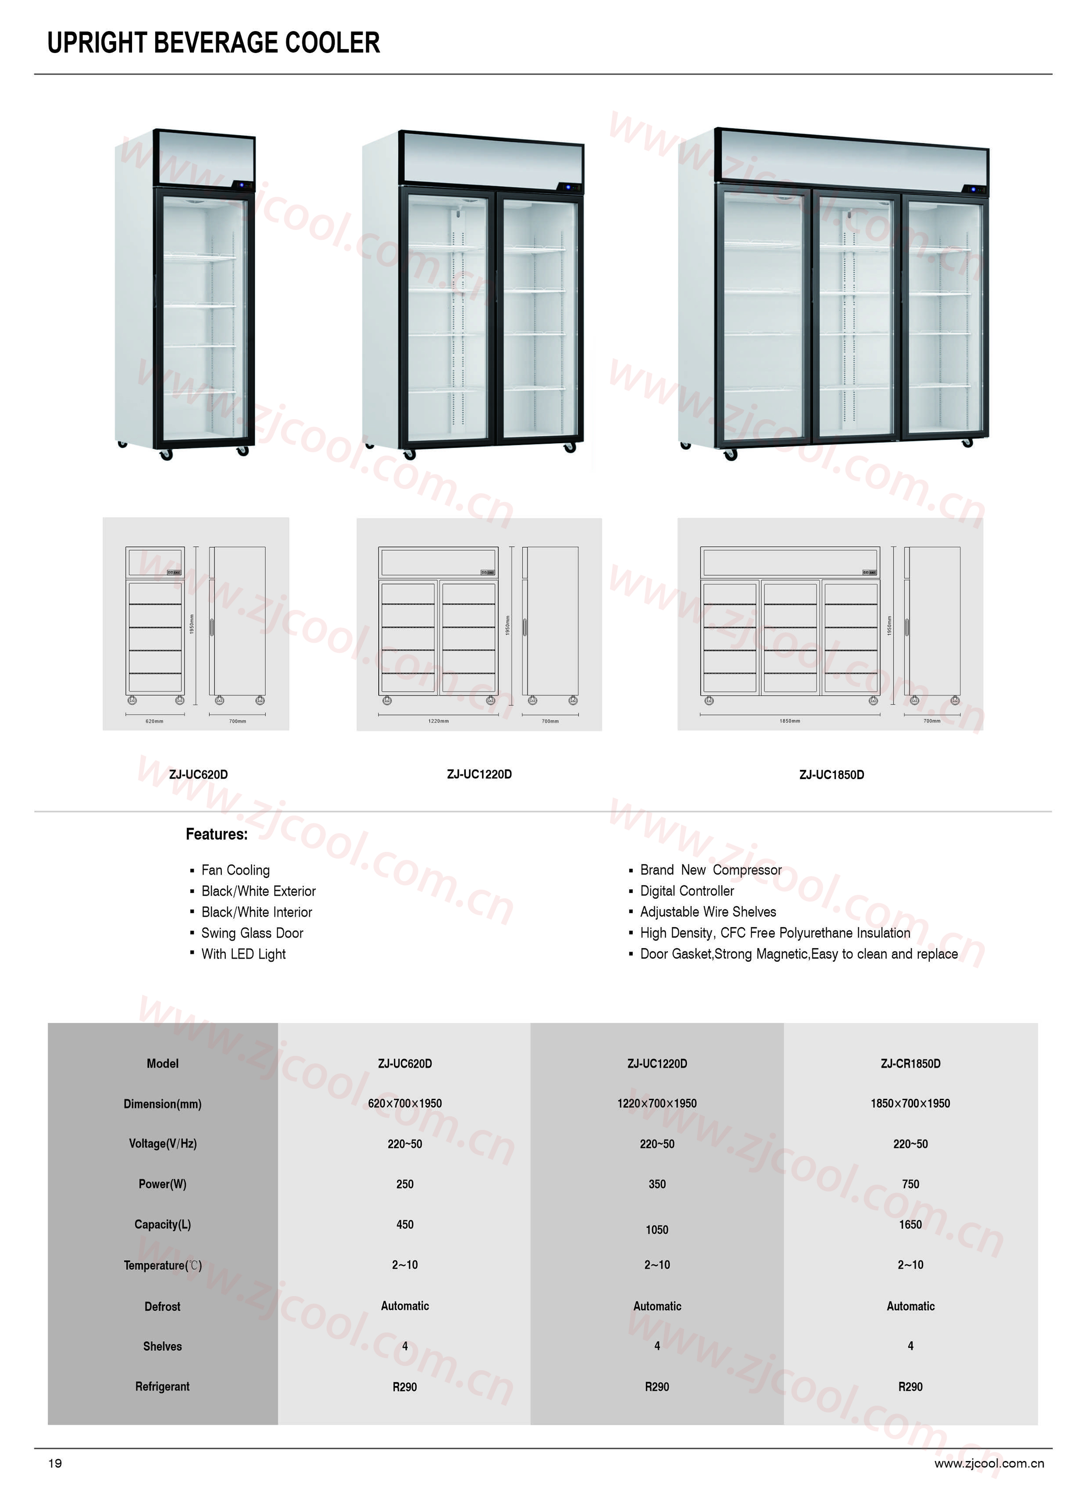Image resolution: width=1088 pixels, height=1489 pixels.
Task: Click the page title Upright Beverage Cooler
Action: [x=214, y=43]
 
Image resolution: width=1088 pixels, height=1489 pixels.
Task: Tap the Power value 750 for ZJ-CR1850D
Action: [x=910, y=1184]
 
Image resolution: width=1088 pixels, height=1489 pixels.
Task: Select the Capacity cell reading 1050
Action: [x=656, y=1229]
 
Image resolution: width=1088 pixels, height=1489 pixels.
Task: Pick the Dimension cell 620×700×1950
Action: [x=404, y=1104]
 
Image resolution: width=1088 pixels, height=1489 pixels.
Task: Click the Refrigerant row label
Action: [x=162, y=1386]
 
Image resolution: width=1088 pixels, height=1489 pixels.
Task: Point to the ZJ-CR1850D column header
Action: [x=910, y=1064]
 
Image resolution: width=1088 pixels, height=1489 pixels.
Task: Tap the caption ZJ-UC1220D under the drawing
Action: [x=479, y=774]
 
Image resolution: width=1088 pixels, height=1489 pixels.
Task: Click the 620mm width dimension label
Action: [x=154, y=721]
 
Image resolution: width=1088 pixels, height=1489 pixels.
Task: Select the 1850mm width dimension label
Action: [x=790, y=721]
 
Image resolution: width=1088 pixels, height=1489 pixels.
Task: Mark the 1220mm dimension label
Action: [x=438, y=721]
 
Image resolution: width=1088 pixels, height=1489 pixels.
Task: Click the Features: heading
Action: [x=217, y=834]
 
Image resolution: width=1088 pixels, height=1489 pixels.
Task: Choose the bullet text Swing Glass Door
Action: [x=252, y=933]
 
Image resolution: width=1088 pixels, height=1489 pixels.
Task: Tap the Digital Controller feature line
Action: [x=687, y=891]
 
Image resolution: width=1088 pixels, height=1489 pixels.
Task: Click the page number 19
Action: [x=55, y=1463]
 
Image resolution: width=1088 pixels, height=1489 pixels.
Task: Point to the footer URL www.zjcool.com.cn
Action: [x=988, y=1463]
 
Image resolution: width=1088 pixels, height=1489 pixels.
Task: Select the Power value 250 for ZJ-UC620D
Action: [x=404, y=1184]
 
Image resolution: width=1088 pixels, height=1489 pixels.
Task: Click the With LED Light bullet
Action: [x=243, y=954]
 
